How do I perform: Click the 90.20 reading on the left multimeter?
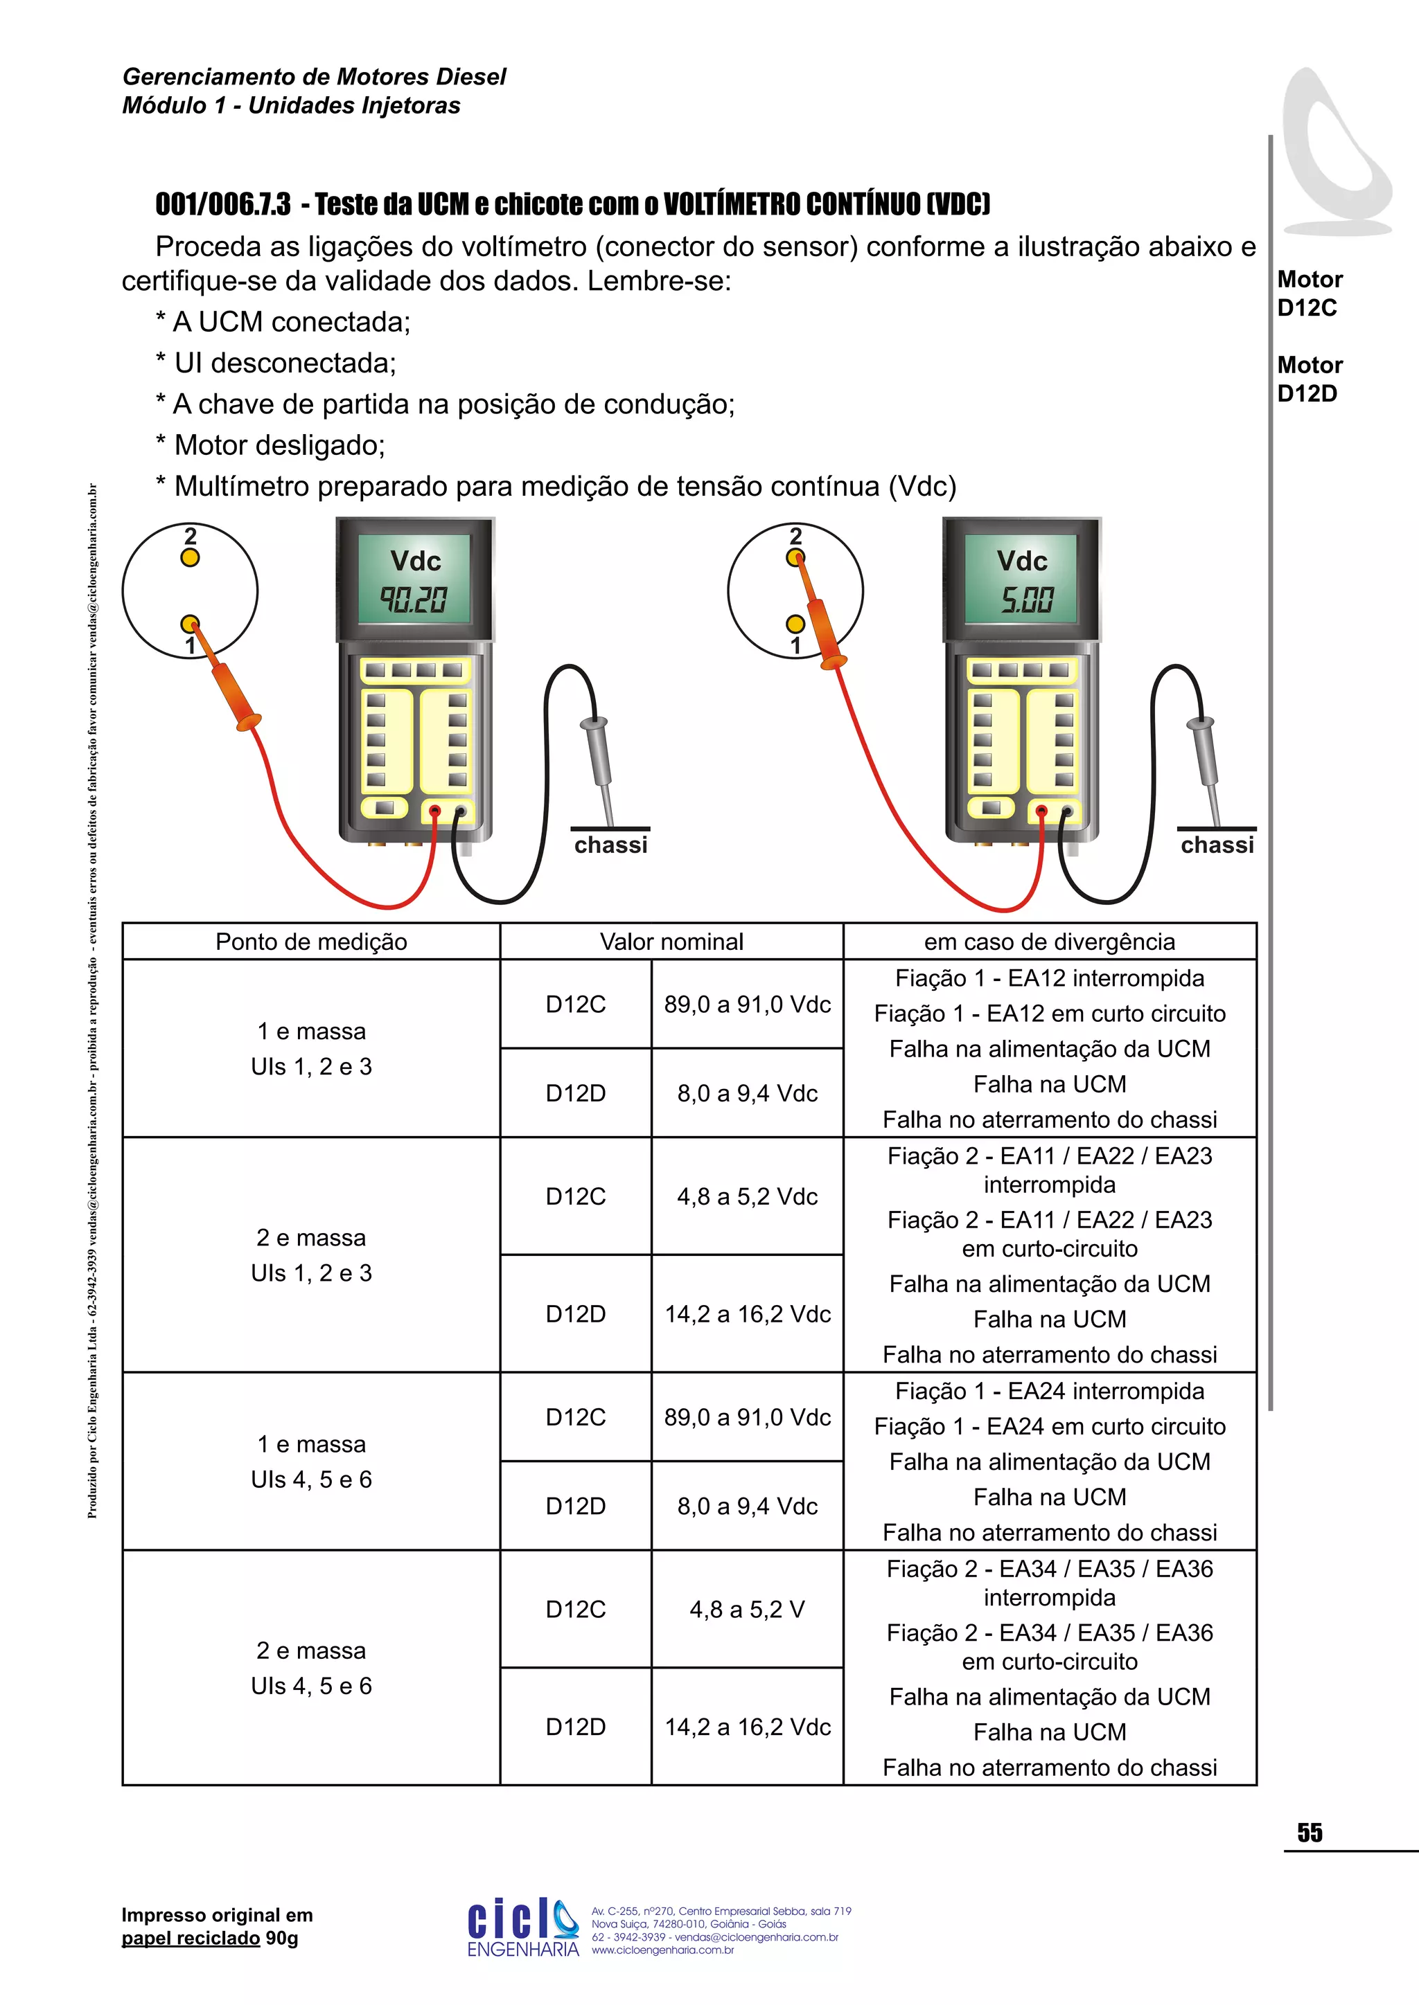click(412, 600)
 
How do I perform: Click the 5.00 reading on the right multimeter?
click(1026, 600)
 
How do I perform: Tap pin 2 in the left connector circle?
click(190, 557)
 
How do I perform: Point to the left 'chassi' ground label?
click(610, 845)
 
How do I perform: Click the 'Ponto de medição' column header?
click(311, 942)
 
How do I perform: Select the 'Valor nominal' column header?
click(671, 942)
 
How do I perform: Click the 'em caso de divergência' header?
click(1050, 942)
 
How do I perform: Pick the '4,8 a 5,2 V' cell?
click(747, 1610)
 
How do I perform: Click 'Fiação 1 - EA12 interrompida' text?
click(1050, 978)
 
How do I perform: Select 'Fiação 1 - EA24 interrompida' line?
click(1050, 1391)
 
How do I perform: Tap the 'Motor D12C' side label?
click(1309, 294)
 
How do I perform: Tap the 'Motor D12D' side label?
click(1309, 379)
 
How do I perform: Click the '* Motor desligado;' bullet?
click(271, 445)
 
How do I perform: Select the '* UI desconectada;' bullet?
click(276, 363)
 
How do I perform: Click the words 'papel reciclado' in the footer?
click(191, 1939)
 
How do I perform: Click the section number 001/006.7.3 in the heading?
click(223, 204)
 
